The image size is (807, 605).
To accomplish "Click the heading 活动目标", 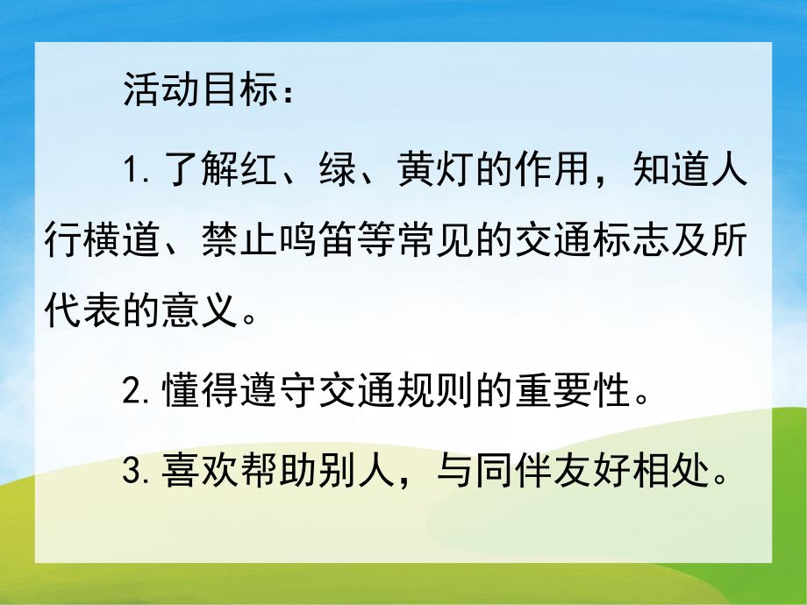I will coord(192,90).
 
